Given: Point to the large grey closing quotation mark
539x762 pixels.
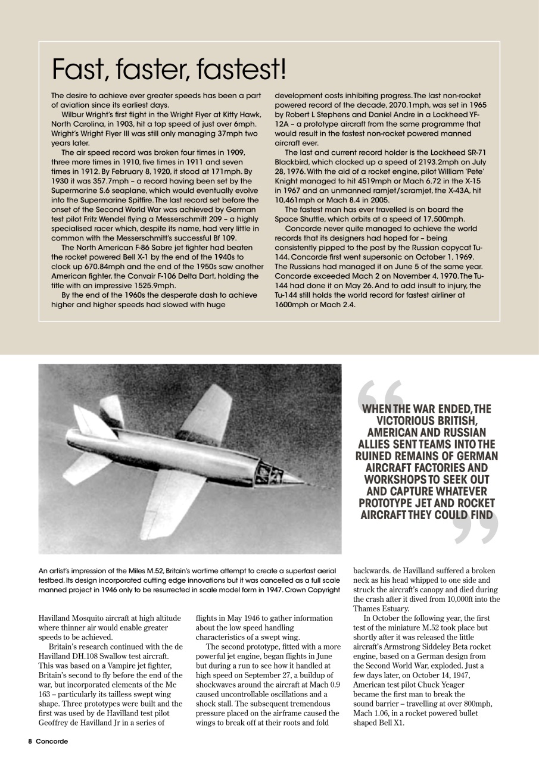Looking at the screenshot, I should pos(475,527).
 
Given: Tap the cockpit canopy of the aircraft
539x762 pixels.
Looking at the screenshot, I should pos(267,473).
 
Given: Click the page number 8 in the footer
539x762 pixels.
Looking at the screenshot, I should pos(29,741).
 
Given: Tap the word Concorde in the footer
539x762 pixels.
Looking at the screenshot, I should pos(52,741).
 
